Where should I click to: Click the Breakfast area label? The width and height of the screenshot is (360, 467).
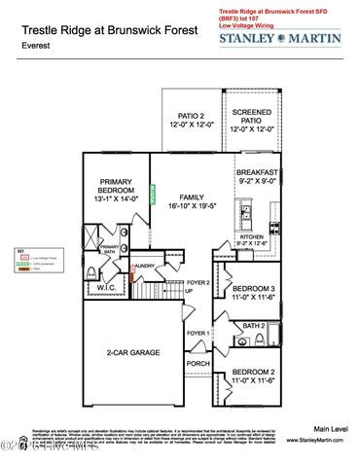click(257, 174)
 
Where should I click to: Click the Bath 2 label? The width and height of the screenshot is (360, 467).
click(253, 325)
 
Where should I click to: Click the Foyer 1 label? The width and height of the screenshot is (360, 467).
click(198, 334)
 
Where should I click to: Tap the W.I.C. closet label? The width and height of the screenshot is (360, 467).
click(107, 288)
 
